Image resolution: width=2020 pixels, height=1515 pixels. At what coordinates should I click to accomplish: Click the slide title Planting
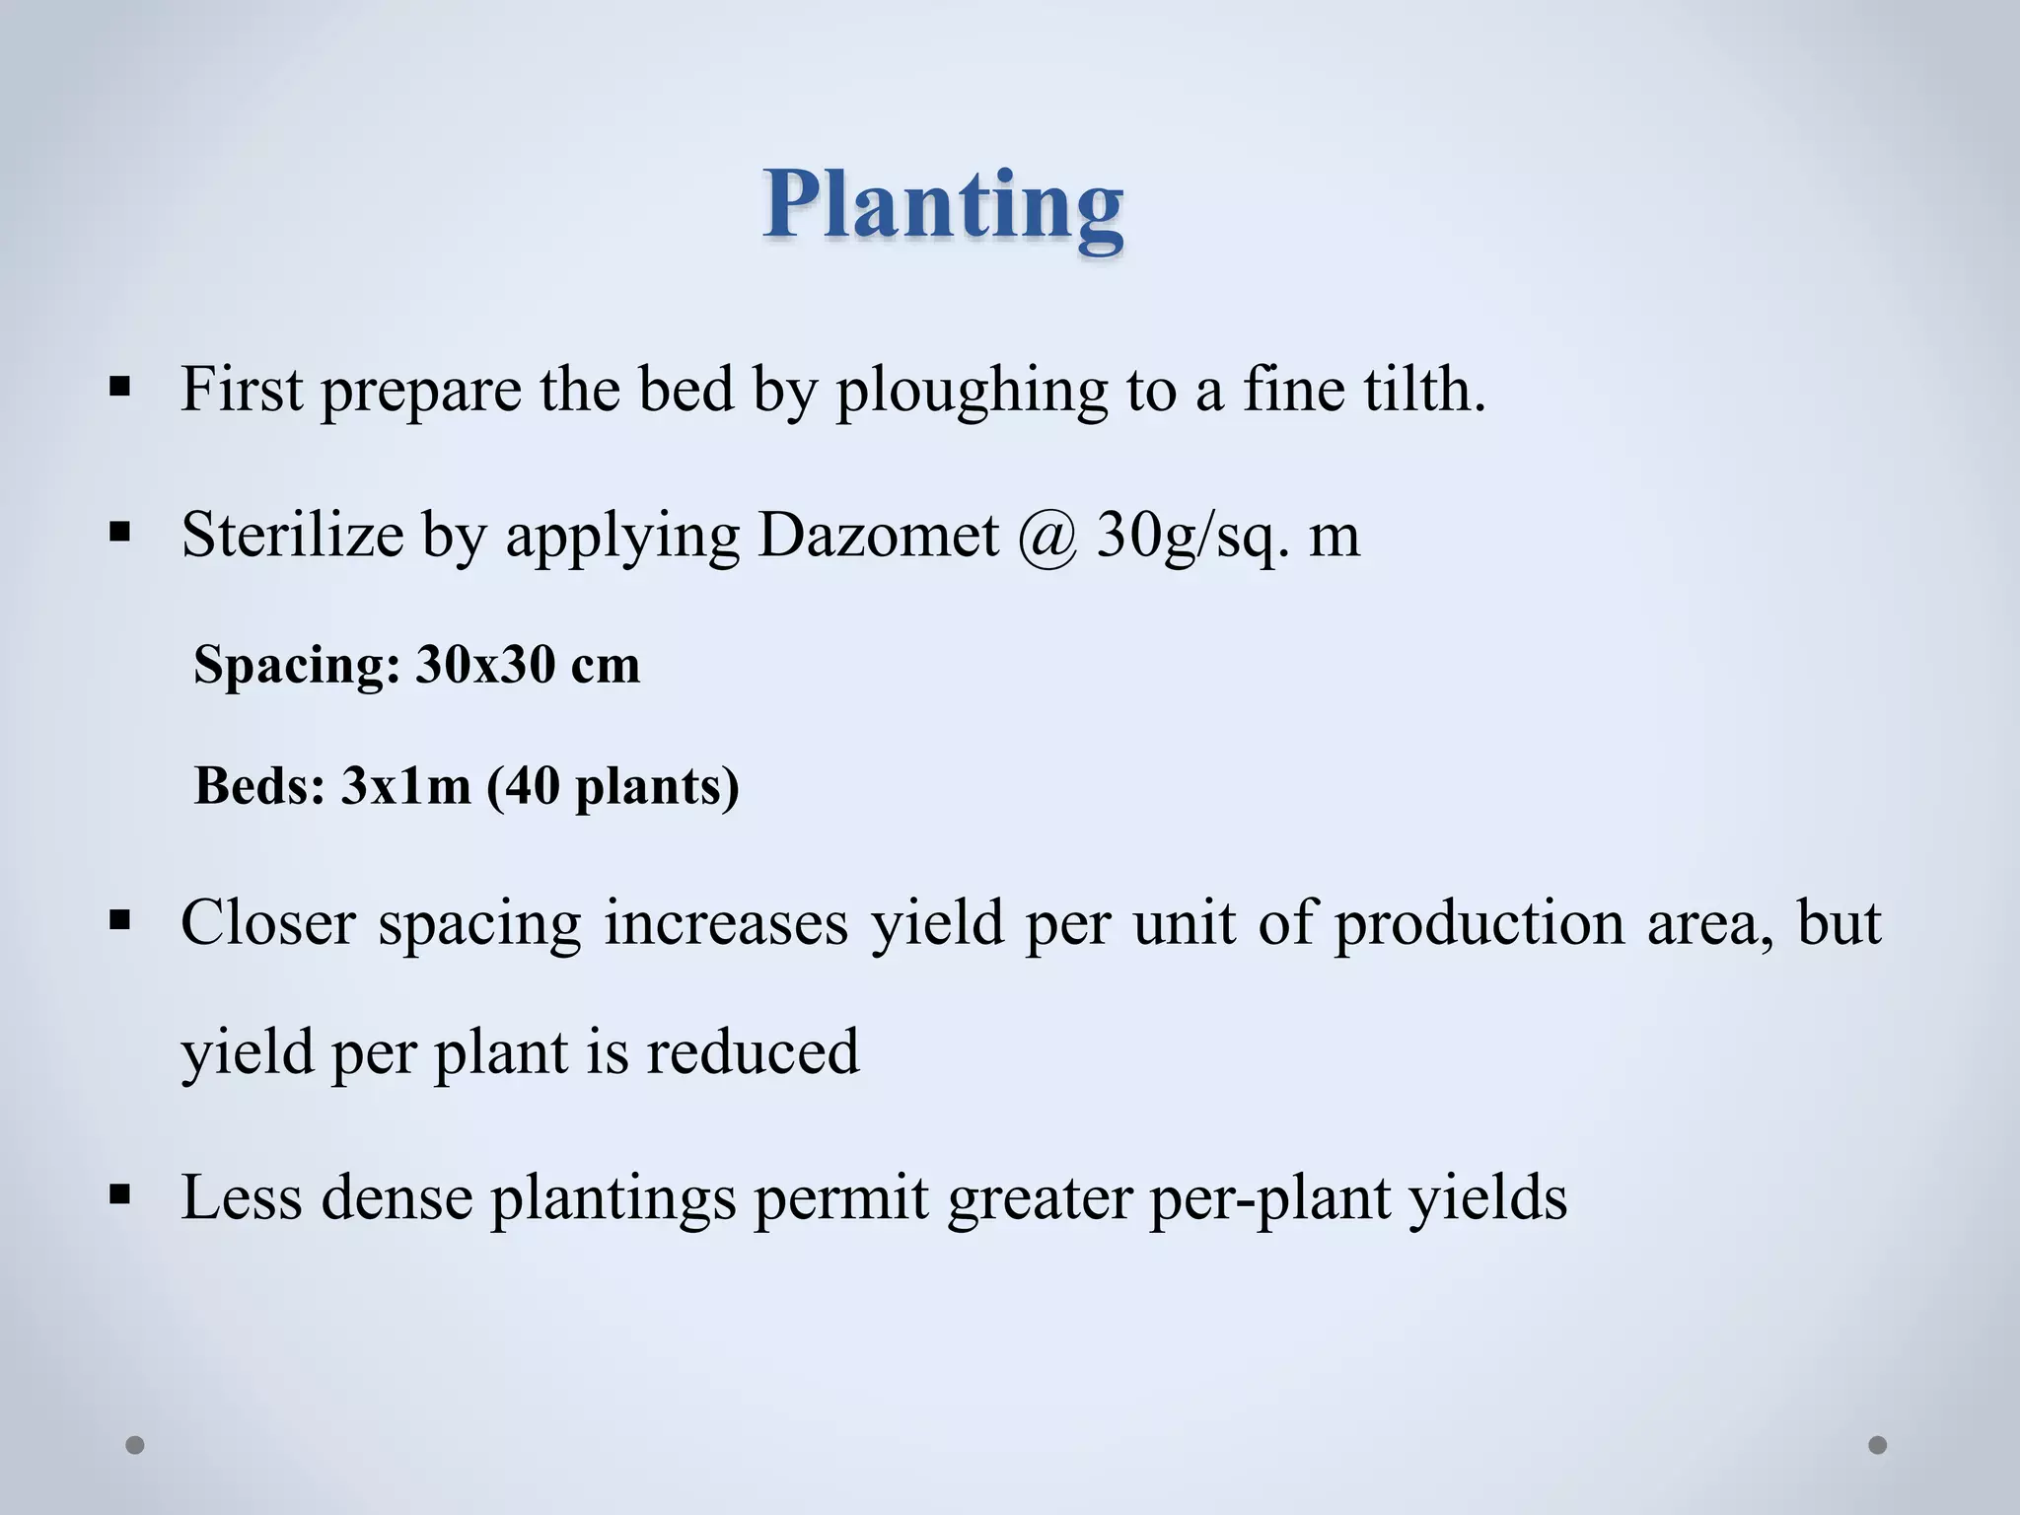click(x=942, y=205)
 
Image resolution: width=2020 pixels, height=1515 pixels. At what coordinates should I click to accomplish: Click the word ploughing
click(x=972, y=391)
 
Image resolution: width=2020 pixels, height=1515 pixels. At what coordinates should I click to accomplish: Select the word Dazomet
click(x=878, y=536)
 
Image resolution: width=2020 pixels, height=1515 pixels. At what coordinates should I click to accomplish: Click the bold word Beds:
click(x=259, y=786)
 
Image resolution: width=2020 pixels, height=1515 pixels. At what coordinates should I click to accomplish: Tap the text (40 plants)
click(x=613, y=787)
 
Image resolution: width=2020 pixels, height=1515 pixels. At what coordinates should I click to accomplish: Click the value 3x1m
click(x=405, y=786)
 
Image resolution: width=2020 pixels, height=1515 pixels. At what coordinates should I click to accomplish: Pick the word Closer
click(x=267, y=923)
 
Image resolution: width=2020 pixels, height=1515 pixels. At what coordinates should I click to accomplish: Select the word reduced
click(x=753, y=1051)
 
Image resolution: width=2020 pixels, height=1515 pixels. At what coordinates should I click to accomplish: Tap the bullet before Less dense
click(x=120, y=1195)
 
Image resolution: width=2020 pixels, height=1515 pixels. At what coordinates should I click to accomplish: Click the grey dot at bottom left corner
click(x=135, y=1445)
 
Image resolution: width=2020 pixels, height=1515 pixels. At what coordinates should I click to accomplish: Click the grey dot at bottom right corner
click(x=1878, y=1445)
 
